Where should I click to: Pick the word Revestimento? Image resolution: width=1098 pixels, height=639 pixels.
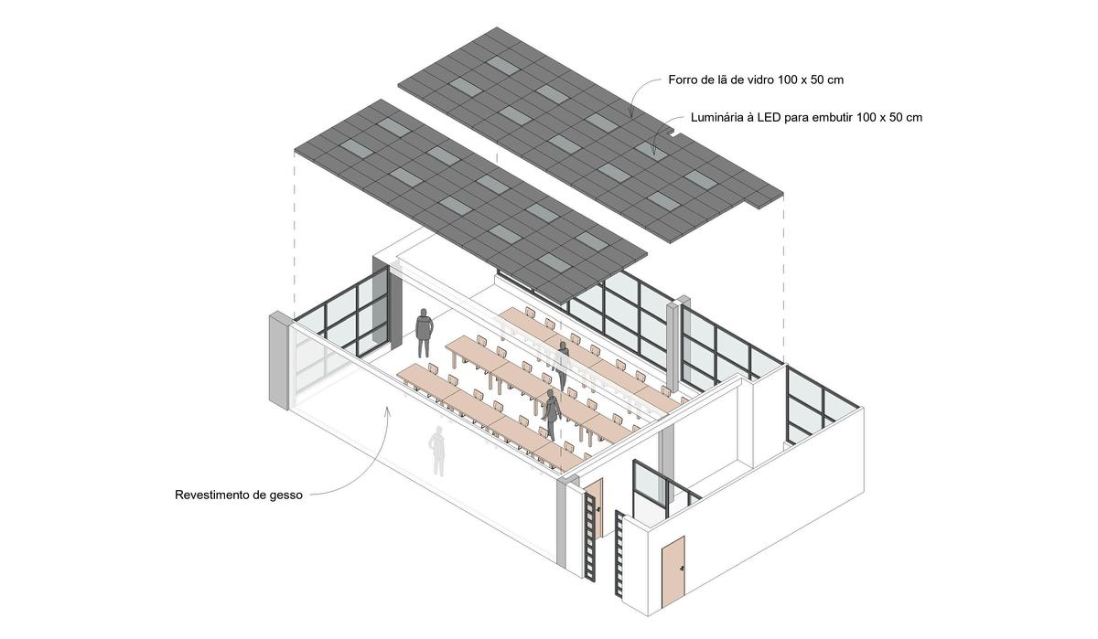coord(216,495)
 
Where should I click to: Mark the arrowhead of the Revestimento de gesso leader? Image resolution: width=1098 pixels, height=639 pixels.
coord(387,409)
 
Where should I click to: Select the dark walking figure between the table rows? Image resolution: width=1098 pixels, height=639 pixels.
coord(552,414)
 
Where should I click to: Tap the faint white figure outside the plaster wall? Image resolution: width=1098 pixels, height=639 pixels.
coord(438,451)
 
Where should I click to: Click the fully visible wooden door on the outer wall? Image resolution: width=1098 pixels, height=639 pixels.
coord(673,573)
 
